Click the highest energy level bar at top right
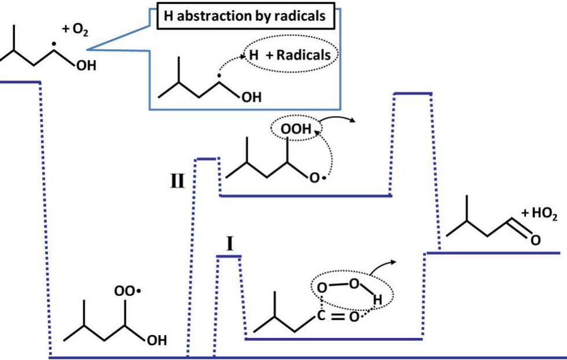pos(412,92)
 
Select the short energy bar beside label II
pos(206,158)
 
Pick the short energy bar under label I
pos(229,256)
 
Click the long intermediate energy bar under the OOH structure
pos(305,196)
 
